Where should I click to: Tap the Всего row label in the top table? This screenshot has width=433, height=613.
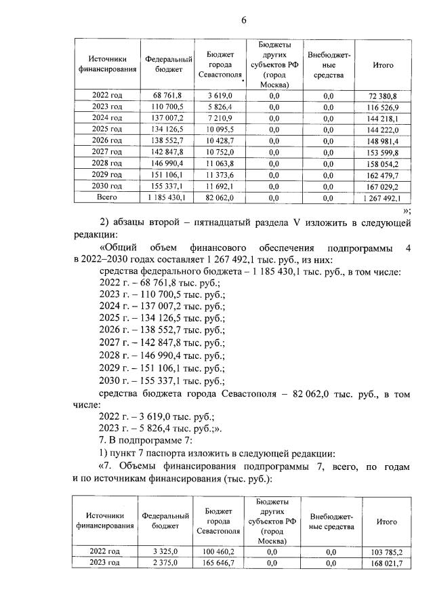point(106,197)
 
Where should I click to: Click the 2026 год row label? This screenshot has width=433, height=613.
point(106,140)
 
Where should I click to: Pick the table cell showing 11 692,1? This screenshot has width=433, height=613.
point(221,186)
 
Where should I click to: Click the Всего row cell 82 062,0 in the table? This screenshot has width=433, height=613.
point(221,197)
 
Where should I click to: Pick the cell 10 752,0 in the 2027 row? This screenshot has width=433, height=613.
point(221,152)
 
